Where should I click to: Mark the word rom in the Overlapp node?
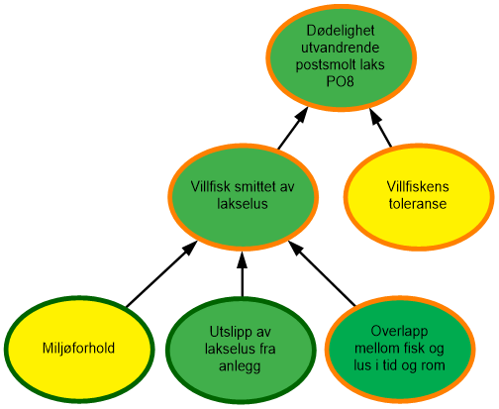coord(434,364)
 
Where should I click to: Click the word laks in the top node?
coord(369,64)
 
